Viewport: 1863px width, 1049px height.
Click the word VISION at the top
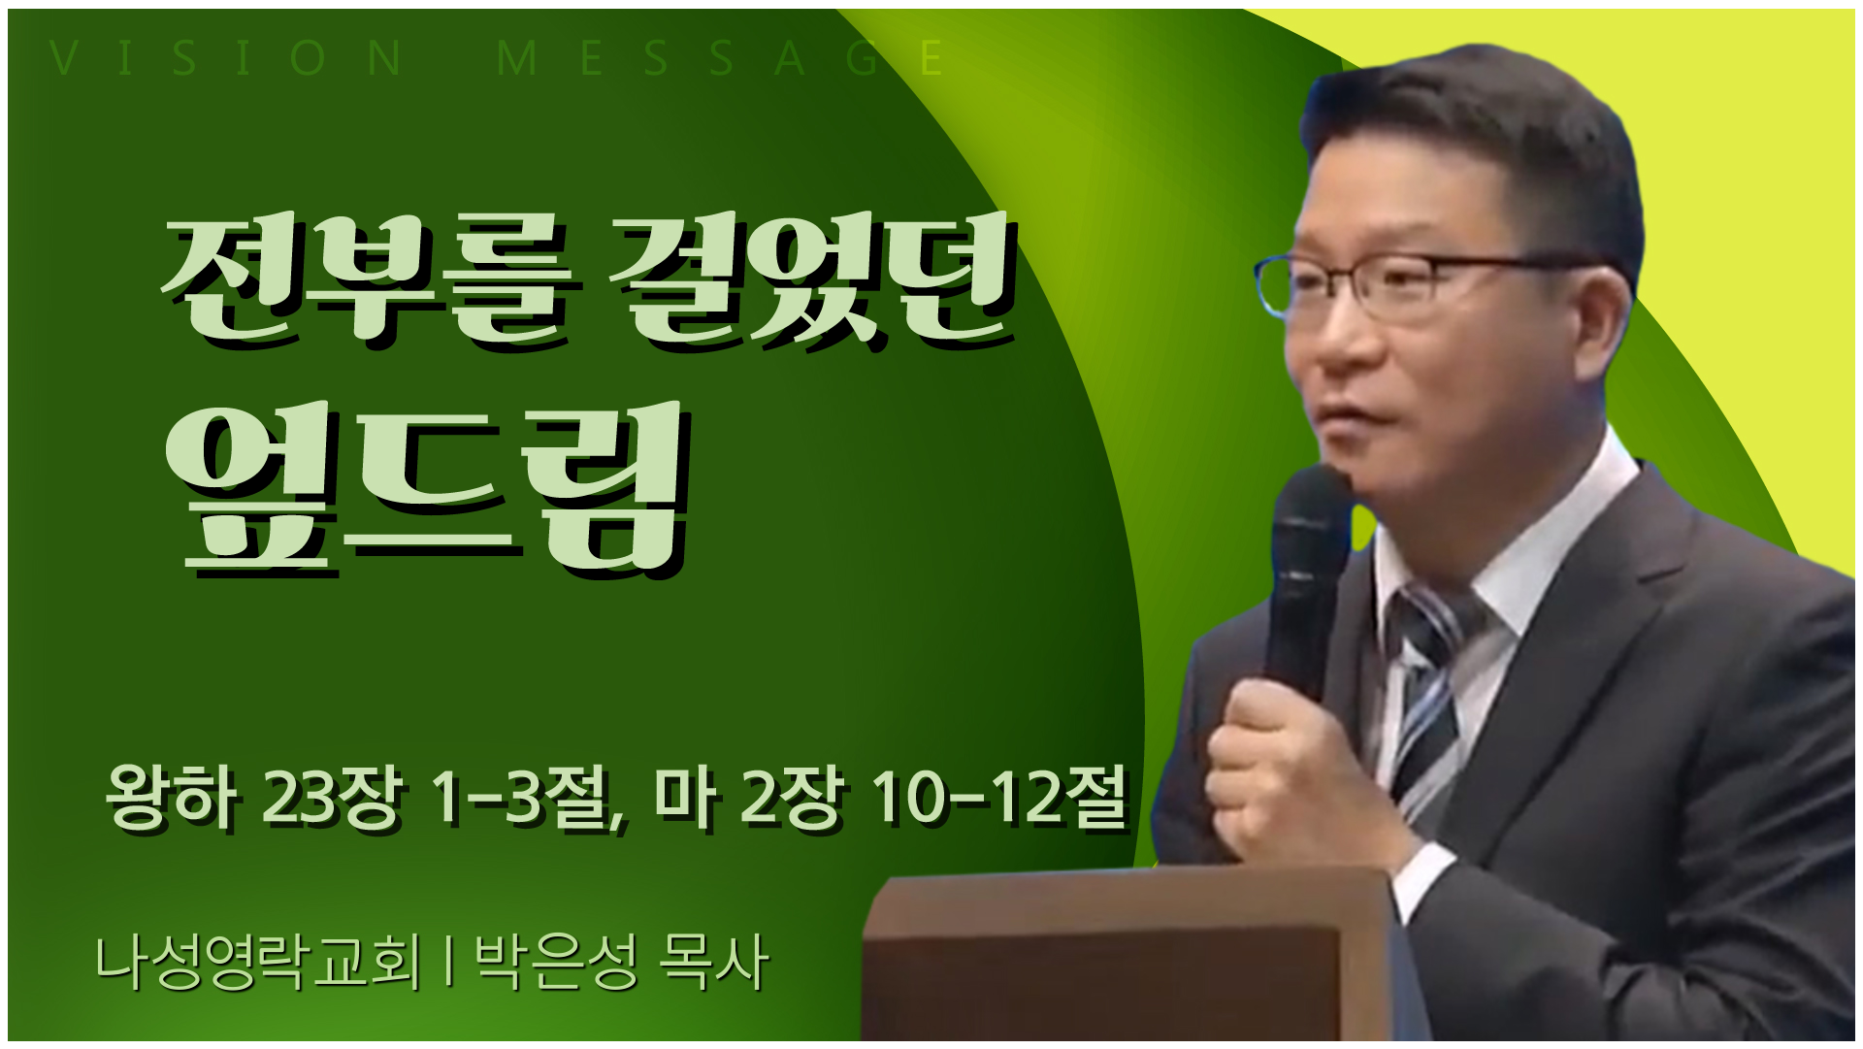(226, 58)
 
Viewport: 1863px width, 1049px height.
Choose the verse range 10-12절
(999, 798)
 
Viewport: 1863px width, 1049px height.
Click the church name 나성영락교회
(258, 962)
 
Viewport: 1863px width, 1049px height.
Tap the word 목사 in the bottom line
(713, 962)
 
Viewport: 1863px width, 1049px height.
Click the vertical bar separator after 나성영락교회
(447, 962)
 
